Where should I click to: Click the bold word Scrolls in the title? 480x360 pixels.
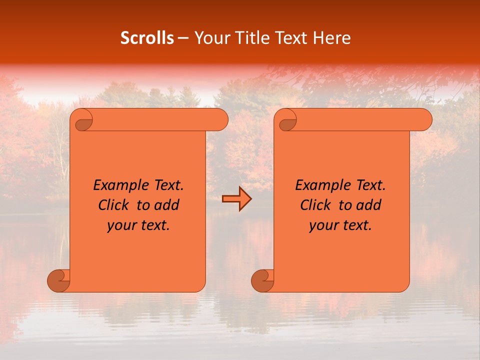click(x=147, y=38)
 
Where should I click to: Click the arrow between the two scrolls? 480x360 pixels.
click(x=236, y=199)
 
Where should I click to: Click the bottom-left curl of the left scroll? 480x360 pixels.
click(x=59, y=280)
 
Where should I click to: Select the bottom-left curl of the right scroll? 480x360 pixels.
click(x=263, y=280)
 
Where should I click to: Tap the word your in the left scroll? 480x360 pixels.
click(x=120, y=225)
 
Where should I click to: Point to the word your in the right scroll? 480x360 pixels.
click(x=322, y=225)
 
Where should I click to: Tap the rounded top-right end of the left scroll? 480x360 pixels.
click(x=220, y=120)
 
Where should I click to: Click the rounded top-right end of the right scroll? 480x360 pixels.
click(x=424, y=120)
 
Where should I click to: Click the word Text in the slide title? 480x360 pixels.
click(x=290, y=38)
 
